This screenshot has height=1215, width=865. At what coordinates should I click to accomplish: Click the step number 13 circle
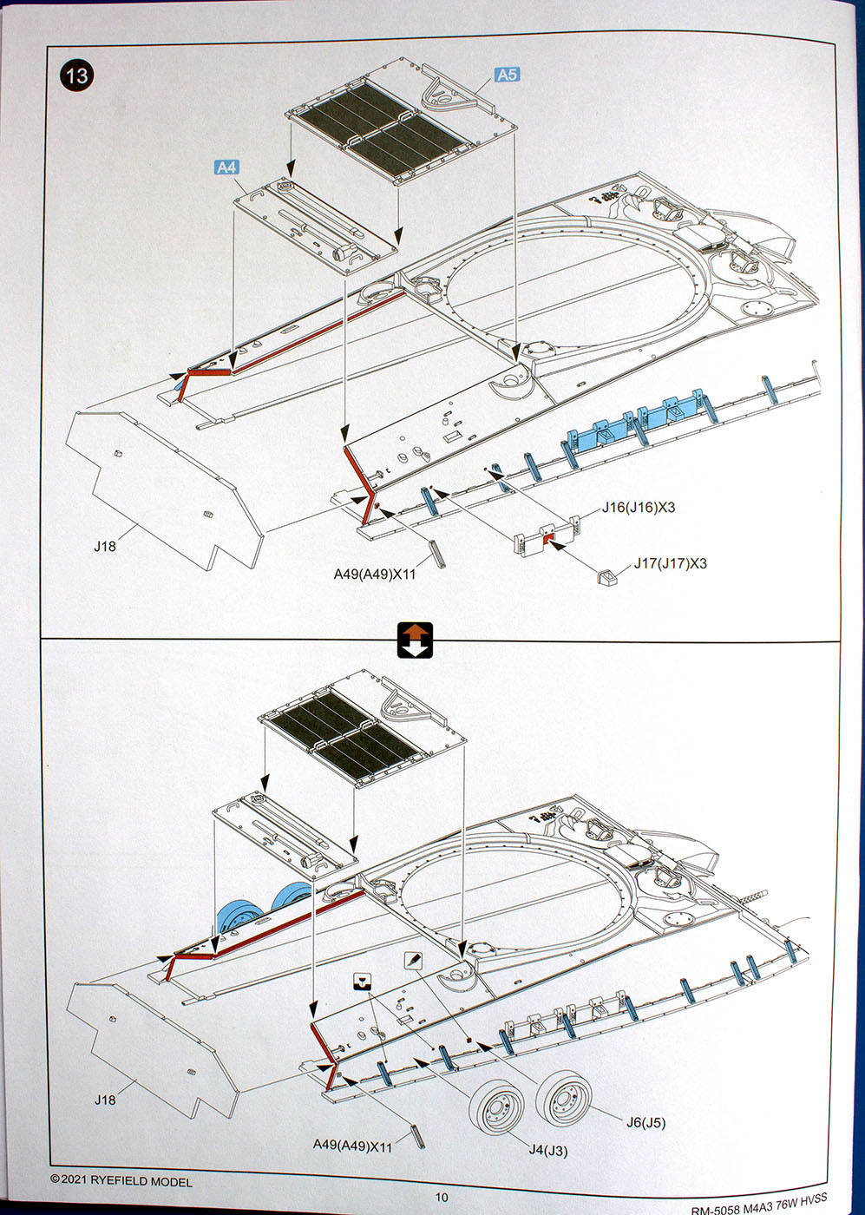pyautogui.click(x=76, y=76)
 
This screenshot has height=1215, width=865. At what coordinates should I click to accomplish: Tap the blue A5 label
pyautogui.click(x=507, y=75)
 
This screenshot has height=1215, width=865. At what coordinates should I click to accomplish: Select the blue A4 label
pyautogui.click(x=226, y=167)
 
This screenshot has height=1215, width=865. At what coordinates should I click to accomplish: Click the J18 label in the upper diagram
pyautogui.click(x=105, y=547)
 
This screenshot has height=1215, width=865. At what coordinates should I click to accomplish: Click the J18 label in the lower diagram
pyautogui.click(x=105, y=1100)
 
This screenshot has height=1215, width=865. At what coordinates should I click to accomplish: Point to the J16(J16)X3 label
pyautogui.click(x=639, y=508)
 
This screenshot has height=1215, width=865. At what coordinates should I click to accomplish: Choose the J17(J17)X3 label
pyautogui.click(x=670, y=563)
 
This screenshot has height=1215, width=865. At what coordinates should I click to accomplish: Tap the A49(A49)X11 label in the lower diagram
pyautogui.click(x=352, y=1146)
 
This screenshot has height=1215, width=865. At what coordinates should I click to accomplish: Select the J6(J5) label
pyautogui.click(x=645, y=1122)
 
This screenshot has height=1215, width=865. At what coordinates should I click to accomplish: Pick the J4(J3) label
pyautogui.click(x=548, y=1151)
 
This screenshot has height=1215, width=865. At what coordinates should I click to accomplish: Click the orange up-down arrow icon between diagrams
pyautogui.click(x=415, y=640)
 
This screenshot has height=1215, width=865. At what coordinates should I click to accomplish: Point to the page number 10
pyautogui.click(x=442, y=1198)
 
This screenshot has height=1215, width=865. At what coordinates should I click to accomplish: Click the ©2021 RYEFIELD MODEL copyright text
pyautogui.click(x=121, y=1181)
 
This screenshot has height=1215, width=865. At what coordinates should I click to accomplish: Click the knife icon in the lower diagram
pyautogui.click(x=412, y=960)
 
